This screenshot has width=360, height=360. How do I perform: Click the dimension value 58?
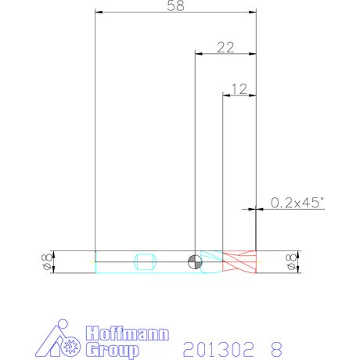pyautogui.click(x=175, y=5)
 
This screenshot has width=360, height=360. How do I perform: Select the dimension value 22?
pyautogui.click(x=225, y=48)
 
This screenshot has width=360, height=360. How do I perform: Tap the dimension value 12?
pyautogui.click(x=239, y=89)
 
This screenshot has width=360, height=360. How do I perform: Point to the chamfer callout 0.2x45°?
pyautogui.click(x=297, y=203)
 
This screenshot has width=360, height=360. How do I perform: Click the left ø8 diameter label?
pyautogui.click(x=47, y=261)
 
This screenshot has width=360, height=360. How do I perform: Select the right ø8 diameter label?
pyautogui.click(x=291, y=261)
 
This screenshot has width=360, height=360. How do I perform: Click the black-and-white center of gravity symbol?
pyautogui.click(x=195, y=261)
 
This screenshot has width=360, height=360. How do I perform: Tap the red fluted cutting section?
pyautogui.click(x=239, y=261)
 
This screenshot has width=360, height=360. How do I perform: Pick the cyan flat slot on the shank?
pyautogui.click(x=146, y=261)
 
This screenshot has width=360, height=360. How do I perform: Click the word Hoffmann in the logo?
pyautogui.click(x=128, y=333)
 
